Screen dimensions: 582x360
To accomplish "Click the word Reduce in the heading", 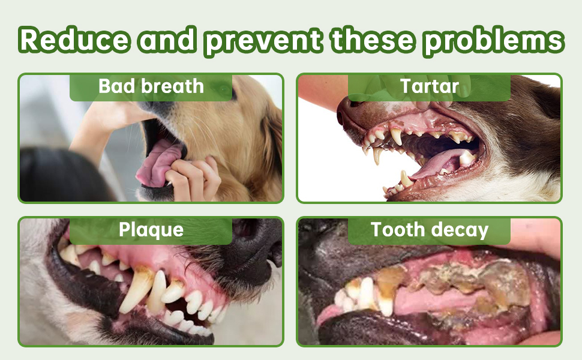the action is pyautogui.click(x=74, y=39).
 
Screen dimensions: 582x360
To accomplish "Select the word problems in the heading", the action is pyautogui.click(x=494, y=41).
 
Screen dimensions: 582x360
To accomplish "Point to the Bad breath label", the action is pyautogui.click(x=151, y=86).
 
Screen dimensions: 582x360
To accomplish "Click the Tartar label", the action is pyautogui.click(x=430, y=86).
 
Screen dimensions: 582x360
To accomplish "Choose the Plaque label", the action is pyautogui.click(x=151, y=230).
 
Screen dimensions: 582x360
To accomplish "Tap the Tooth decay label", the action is pyautogui.click(x=430, y=230).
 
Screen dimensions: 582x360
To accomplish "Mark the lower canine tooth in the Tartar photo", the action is pyautogui.click(x=406, y=179).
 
